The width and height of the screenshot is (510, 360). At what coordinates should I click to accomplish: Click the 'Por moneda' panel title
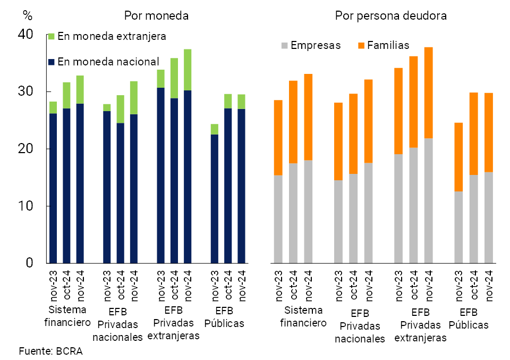click(156, 15)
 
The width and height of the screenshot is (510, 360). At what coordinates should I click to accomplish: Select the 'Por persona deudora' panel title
click(390, 15)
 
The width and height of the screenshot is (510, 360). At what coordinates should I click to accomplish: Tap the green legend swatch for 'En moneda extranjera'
click(52, 37)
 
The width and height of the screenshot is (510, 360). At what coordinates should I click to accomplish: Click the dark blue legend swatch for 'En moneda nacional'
click(52, 62)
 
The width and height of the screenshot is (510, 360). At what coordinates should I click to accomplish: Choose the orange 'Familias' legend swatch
click(361, 46)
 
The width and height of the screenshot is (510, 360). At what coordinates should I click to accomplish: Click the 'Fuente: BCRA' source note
click(50, 351)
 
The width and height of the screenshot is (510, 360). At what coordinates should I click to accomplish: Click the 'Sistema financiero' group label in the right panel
click(303, 317)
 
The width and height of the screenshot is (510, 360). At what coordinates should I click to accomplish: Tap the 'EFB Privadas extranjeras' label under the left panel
click(173, 323)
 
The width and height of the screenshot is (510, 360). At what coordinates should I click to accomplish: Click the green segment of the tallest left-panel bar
click(188, 70)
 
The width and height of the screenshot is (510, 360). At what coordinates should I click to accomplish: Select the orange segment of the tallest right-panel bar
click(429, 93)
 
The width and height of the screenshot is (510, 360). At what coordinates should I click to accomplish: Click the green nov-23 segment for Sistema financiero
click(53, 107)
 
